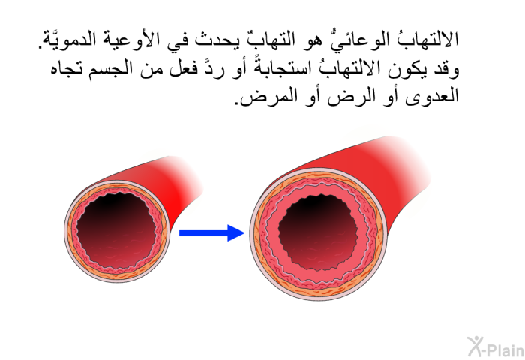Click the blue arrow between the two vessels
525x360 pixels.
(212, 232)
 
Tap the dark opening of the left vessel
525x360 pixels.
(116, 230)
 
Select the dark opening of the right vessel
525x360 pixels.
(318, 232)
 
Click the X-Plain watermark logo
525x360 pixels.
(496, 346)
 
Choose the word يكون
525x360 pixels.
(407, 69)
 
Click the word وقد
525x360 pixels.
(445, 69)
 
